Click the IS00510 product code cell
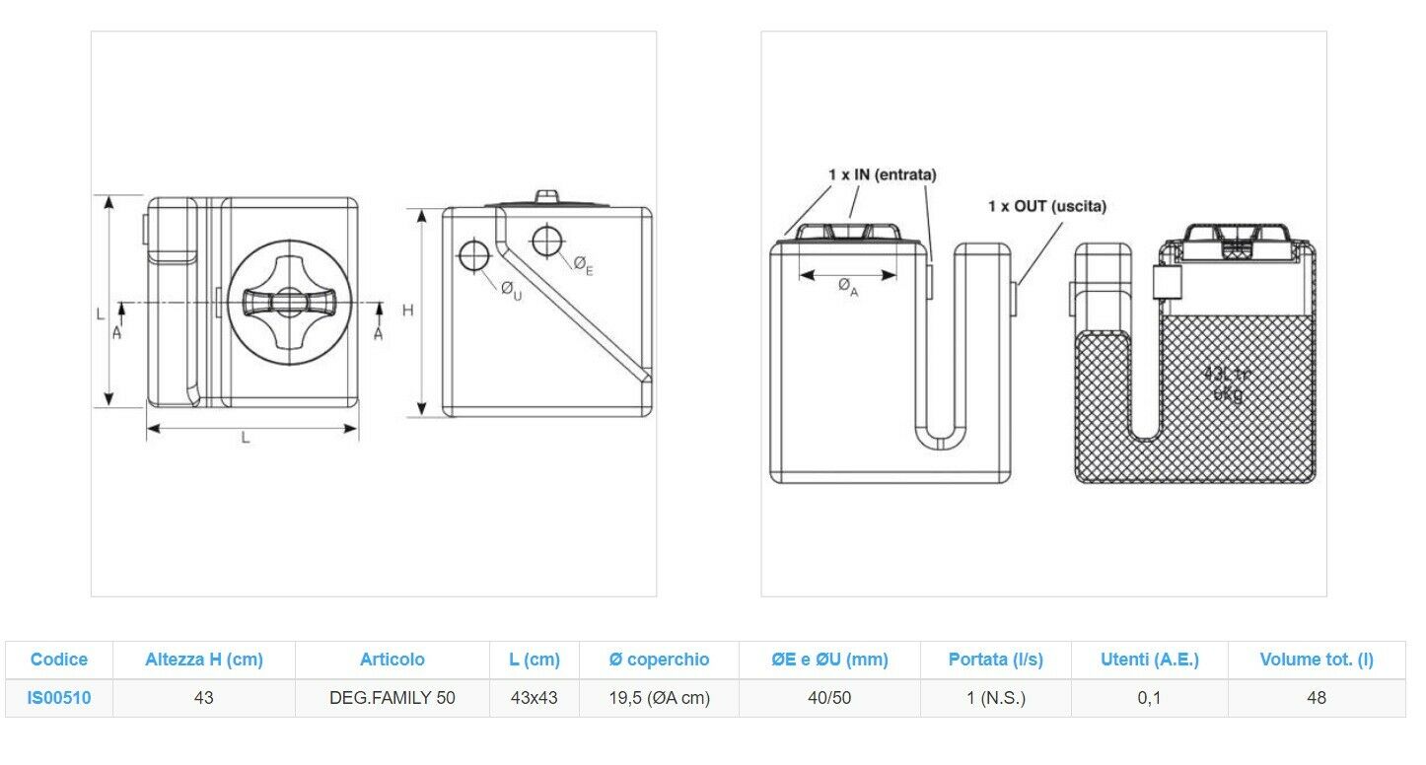pos(60,698)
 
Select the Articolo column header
pos(392,659)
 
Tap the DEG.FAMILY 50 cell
pos(392,698)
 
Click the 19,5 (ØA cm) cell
pos(660,698)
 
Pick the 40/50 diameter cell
pos(829,698)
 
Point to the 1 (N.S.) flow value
pos(996,698)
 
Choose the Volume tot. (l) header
pos(1317,659)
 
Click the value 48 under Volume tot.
pos(1317,698)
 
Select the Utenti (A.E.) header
pos(1149,659)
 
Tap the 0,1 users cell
pos(1149,698)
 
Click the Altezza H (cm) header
pos(204,659)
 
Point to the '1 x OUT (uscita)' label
pos(1047,206)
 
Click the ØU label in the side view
pos(511,290)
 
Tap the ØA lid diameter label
pos(848,287)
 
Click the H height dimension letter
pos(407,311)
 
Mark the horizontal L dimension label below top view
pos(247,439)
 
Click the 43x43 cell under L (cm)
pos(534,698)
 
